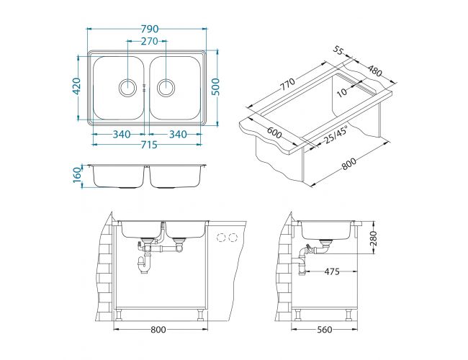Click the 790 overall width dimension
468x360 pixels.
point(150,29)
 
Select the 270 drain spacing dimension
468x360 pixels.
point(149,41)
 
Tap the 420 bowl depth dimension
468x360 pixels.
point(77,86)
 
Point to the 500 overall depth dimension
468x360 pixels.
point(215,86)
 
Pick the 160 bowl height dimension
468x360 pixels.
point(77,176)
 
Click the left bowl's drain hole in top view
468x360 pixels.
point(128,88)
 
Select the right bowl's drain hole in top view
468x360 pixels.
point(166,88)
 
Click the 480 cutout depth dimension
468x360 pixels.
point(374,71)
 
